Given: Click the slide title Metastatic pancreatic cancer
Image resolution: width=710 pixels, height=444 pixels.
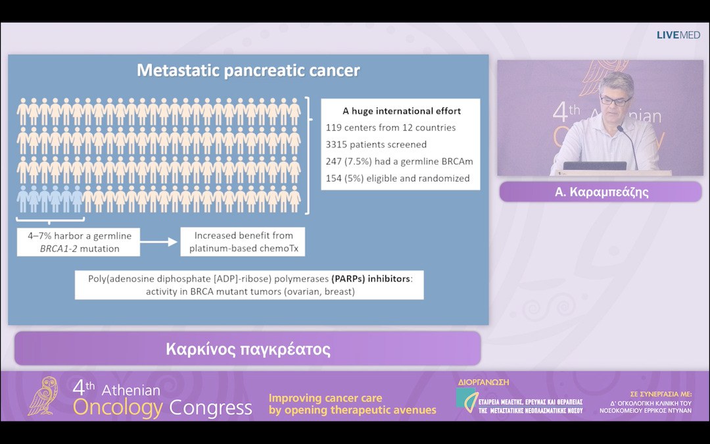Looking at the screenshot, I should tap(248, 70).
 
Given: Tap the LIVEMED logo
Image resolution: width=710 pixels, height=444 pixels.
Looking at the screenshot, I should tap(678, 35).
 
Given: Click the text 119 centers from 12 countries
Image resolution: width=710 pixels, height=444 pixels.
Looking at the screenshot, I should tap(390, 127).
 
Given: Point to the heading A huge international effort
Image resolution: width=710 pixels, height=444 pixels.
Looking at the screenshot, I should tap(402, 111).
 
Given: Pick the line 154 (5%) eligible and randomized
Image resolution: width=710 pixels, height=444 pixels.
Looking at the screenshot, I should tap(398, 178).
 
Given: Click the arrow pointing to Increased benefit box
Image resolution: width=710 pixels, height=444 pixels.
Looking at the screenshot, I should tap(159, 242).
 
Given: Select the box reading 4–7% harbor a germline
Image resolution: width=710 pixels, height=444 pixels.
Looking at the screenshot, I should tap(79, 242).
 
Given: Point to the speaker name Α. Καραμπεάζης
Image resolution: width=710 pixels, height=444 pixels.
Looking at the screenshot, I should tap(600, 191).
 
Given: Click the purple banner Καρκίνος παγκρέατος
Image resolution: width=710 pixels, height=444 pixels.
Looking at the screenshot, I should tap(248, 349).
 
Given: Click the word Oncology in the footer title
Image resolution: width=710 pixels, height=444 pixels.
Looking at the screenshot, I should tap(118, 408).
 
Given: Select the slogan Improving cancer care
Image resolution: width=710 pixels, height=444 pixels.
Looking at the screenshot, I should tap(325, 398).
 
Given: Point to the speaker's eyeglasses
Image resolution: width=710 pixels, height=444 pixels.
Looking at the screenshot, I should tap(616, 101).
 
